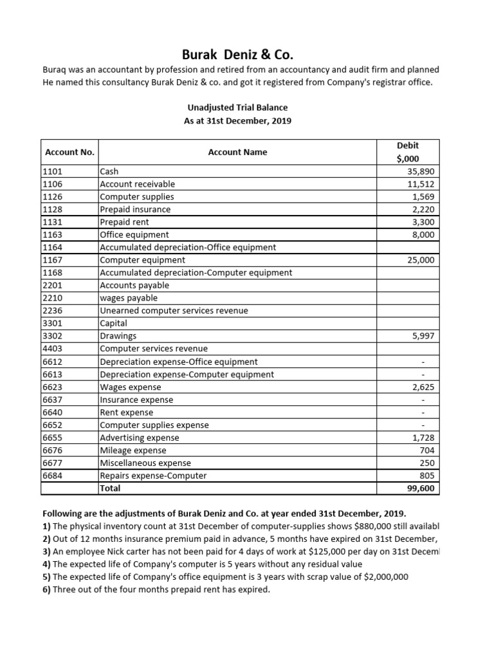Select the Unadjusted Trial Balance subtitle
click(238, 108)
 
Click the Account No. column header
click(69, 153)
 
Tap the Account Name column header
click(237, 153)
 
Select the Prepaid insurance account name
click(135, 209)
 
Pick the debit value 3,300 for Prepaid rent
click(421, 222)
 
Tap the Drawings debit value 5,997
click(421, 336)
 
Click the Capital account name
click(114, 323)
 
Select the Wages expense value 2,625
click(421, 387)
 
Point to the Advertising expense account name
click(140, 438)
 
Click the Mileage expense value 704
click(426, 450)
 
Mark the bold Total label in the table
click(110, 488)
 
